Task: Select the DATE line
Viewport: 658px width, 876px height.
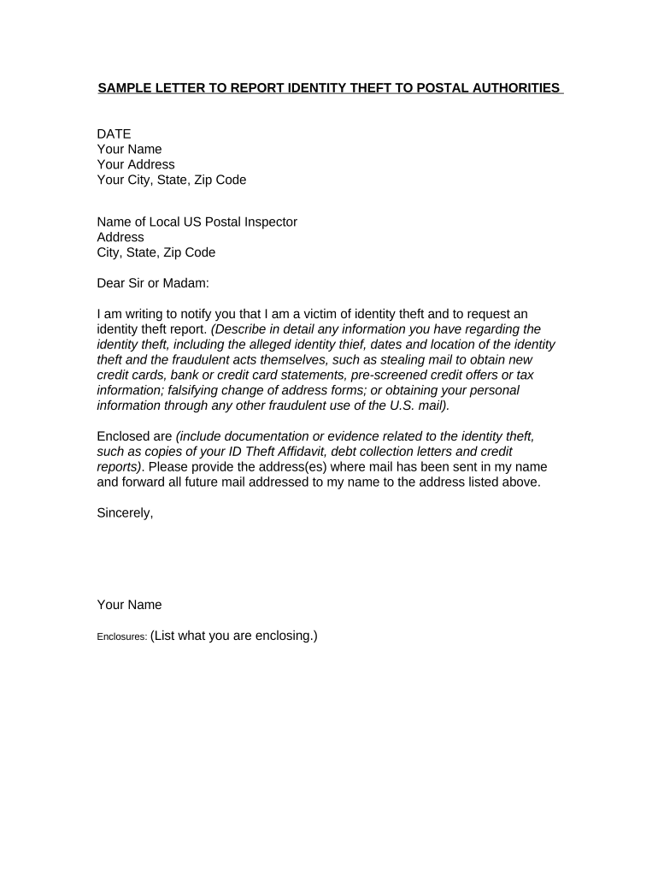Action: click(x=114, y=133)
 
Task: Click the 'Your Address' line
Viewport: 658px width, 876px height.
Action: click(x=136, y=164)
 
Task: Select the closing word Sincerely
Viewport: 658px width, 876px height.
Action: click(x=125, y=514)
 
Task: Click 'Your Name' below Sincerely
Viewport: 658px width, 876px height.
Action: click(x=129, y=606)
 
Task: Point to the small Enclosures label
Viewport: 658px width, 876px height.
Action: click(x=121, y=637)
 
